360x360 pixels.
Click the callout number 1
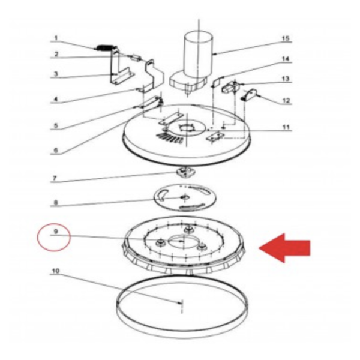(56, 38)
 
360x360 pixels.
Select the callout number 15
(286, 38)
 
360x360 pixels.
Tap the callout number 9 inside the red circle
(56, 232)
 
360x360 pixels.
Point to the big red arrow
(284, 248)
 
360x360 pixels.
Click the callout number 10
(56, 271)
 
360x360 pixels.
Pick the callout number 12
(286, 101)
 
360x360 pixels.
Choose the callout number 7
(55, 178)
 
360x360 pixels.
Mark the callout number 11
(286, 127)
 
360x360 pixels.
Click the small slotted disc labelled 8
(185, 197)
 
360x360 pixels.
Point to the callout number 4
(56, 100)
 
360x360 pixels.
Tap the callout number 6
(56, 151)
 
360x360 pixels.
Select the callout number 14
(286, 59)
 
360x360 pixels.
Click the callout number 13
(286, 79)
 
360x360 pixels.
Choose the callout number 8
(56, 203)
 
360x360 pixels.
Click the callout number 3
(56, 74)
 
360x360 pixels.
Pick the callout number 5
(56, 125)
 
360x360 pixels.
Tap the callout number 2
(56, 54)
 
